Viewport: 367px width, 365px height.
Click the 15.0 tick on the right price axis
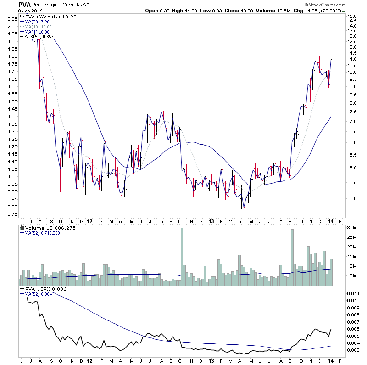[352, 17]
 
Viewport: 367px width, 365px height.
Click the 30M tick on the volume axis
[352, 228]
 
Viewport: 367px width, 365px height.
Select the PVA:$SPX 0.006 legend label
[43, 288]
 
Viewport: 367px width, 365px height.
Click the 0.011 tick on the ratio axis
[354, 293]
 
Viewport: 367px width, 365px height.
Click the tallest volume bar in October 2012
[182, 257]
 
